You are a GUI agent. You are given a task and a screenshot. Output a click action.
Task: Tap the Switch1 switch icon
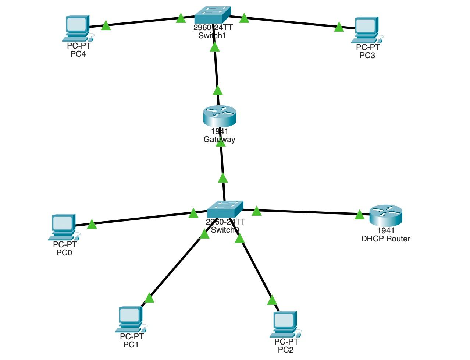coord(212,15)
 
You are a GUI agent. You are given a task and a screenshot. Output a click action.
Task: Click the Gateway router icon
coord(219,116)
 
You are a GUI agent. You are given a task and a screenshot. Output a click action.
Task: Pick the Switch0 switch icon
coord(225,209)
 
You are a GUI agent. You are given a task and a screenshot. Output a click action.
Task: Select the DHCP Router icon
coord(386,215)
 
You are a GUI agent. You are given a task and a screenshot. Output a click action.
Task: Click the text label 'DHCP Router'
coord(385,239)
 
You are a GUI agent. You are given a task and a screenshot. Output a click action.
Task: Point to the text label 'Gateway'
coord(219,140)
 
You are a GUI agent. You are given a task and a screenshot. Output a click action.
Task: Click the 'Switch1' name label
coord(212,36)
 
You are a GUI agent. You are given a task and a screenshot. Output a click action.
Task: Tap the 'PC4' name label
coord(78,54)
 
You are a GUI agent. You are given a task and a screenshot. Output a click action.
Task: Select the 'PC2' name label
coord(286,350)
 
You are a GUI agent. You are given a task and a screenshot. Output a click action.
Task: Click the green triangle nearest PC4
coord(106,26)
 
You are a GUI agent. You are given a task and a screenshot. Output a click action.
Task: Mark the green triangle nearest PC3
coord(339,27)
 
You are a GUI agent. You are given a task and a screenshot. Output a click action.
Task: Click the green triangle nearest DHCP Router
coord(359,215)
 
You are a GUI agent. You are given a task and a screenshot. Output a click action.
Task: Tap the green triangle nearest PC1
coord(149,298)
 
